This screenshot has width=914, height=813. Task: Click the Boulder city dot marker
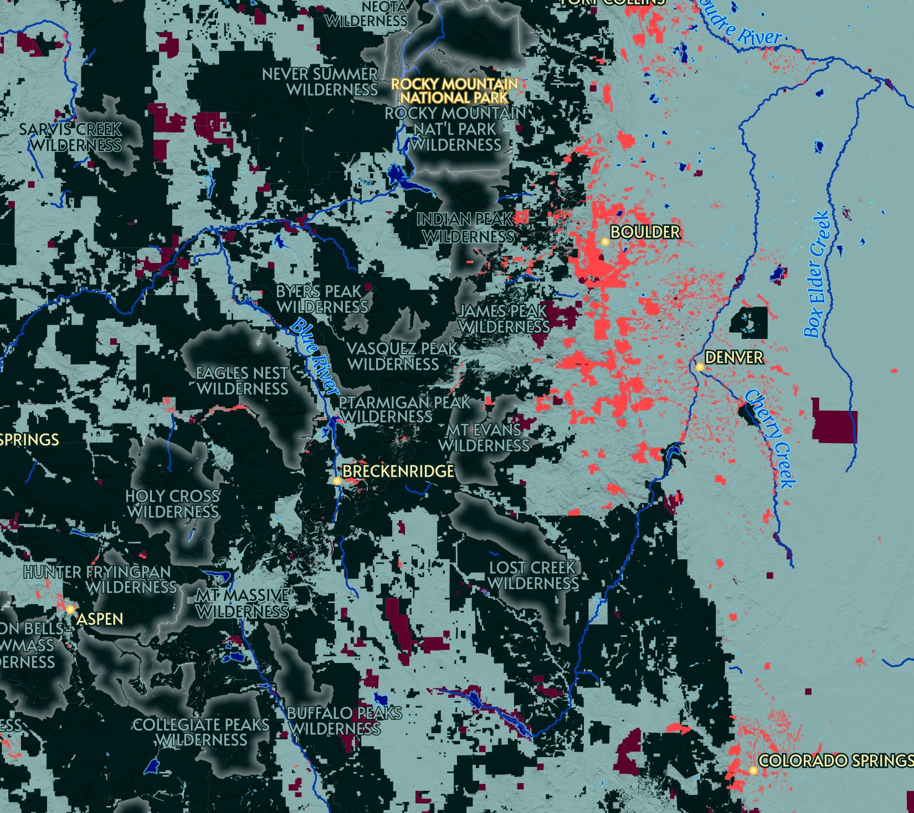(x=605, y=241)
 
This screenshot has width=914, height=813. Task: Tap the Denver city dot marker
(x=700, y=367)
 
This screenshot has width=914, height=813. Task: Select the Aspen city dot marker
(x=70, y=609)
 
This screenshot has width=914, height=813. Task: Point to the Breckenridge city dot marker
(x=337, y=481)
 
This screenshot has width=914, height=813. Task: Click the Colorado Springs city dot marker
(x=753, y=770)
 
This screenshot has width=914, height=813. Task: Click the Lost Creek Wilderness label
(x=533, y=575)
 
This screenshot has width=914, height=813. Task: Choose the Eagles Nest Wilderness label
(x=243, y=381)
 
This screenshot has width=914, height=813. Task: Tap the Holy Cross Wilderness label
(x=173, y=504)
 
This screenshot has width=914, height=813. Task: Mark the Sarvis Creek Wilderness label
(x=71, y=137)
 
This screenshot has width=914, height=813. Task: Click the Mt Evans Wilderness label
(x=484, y=438)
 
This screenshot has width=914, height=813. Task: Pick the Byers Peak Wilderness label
(x=321, y=299)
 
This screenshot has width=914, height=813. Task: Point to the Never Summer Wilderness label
(x=320, y=81)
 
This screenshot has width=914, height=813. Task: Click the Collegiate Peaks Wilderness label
(x=201, y=732)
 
